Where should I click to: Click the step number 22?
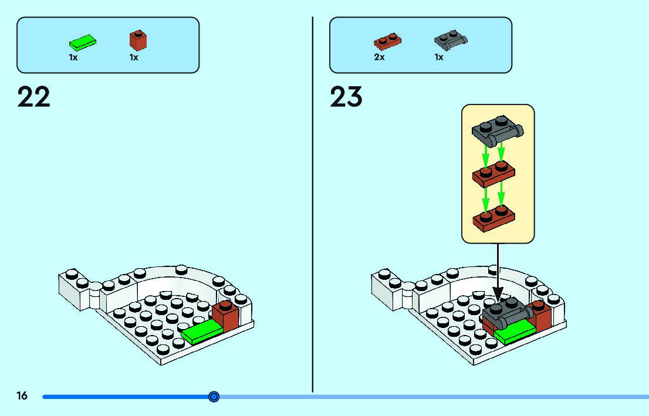(x=34, y=97)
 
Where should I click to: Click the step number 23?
(x=346, y=97)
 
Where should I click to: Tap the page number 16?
(x=22, y=397)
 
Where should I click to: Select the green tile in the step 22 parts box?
(x=83, y=42)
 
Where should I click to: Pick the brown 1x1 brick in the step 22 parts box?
(x=138, y=40)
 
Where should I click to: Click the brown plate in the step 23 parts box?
(x=387, y=42)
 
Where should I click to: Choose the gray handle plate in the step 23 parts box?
(x=450, y=40)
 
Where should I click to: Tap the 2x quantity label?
(x=380, y=58)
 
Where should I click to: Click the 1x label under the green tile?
(x=73, y=58)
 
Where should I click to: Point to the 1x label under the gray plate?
(x=439, y=58)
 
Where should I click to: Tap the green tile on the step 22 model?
(x=202, y=333)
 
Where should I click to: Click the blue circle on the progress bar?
(x=214, y=397)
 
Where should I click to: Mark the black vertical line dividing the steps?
(x=312, y=205)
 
